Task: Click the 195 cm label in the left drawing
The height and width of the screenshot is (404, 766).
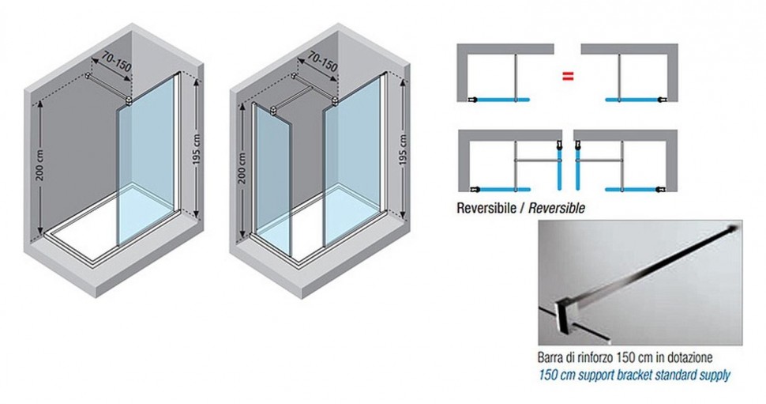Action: coord(197,149)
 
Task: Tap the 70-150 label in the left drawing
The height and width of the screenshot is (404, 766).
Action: coord(117,62)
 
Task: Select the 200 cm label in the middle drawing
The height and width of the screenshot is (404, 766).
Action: coord(243,168)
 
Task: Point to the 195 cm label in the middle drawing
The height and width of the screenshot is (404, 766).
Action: coord(403,149)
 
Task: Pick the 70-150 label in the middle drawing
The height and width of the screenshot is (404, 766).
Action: coord(322,61)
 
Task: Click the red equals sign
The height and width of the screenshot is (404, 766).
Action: coord(567,77)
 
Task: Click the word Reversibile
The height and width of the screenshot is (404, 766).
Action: coord(486,208)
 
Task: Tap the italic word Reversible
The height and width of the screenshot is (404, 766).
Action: coord(557,208)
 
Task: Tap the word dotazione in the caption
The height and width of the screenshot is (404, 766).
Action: coord(689,357)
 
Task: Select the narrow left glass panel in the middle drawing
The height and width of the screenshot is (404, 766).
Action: coord(273,172)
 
